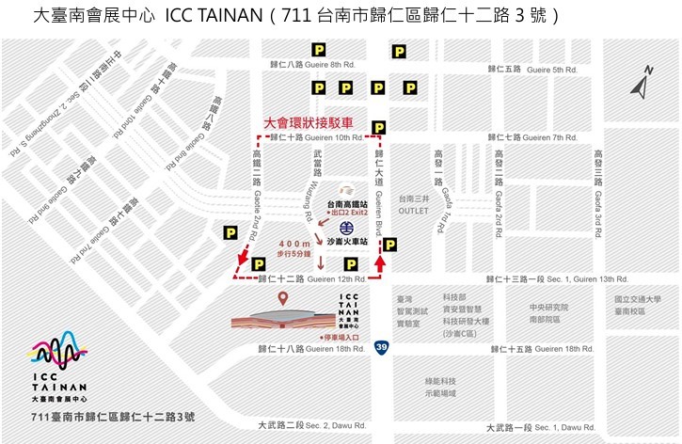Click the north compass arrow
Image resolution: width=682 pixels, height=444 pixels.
tap(641, 88)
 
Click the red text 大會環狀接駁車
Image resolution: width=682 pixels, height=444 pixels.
tap(309, 123)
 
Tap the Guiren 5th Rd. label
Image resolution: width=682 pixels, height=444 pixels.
tap(545, 70)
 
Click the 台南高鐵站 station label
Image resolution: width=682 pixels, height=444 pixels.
tap(347, 203)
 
